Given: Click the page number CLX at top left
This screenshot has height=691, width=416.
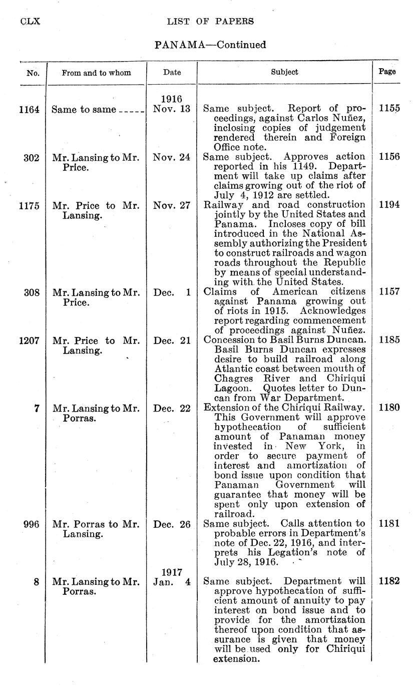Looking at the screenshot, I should click(30, 22).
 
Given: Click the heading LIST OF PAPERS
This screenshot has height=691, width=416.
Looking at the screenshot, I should click(210, 22).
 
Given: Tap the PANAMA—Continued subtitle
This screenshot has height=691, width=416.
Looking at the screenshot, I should click(210, 45).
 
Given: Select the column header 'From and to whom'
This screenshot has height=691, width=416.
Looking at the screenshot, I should click(96, 73).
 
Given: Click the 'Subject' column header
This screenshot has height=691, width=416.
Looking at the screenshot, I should click(284, 72).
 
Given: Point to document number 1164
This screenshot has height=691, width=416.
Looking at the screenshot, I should click(29, 110).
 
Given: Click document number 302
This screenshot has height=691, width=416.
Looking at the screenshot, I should click(32, 157).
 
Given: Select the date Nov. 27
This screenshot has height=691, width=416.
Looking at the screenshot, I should click(172, 205).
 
